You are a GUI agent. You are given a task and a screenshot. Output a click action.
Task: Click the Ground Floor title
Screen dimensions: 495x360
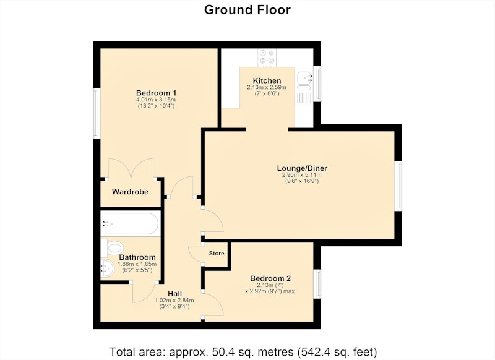pos(247,10)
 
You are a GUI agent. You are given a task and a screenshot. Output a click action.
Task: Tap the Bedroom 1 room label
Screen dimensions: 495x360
pos(156,93)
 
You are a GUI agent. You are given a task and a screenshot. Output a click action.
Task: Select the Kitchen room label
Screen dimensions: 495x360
pos(267,80)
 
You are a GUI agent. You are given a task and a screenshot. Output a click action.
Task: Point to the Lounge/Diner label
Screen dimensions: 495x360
pos(301,168)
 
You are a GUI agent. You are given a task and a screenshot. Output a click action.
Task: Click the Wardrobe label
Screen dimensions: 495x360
pos(130,192)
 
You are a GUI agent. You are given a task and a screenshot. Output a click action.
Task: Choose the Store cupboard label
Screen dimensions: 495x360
pos(217,253)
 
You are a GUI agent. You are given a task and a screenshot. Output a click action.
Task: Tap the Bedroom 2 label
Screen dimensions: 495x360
pos(270,278)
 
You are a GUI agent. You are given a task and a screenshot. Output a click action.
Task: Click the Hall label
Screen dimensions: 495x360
pos(174,294)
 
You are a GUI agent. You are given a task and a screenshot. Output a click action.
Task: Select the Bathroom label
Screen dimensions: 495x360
pos(137,257)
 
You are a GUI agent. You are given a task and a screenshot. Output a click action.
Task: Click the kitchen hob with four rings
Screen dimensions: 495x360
pos(267,58)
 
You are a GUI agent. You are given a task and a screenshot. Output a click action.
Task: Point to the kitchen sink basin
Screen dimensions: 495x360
pos(304,77)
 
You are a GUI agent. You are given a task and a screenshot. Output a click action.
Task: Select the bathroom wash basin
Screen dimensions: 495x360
pos(107,268)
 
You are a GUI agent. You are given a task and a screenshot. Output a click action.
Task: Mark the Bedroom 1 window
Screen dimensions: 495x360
pos(97,113)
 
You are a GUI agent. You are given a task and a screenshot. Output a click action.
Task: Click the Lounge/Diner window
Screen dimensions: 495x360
pos(399,186)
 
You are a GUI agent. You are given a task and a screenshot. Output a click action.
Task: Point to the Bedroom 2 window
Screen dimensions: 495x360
pos(317,284)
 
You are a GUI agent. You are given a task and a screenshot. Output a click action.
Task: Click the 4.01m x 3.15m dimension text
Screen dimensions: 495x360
pos(156,100)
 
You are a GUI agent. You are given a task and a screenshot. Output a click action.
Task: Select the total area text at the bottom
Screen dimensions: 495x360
pos(243,351)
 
